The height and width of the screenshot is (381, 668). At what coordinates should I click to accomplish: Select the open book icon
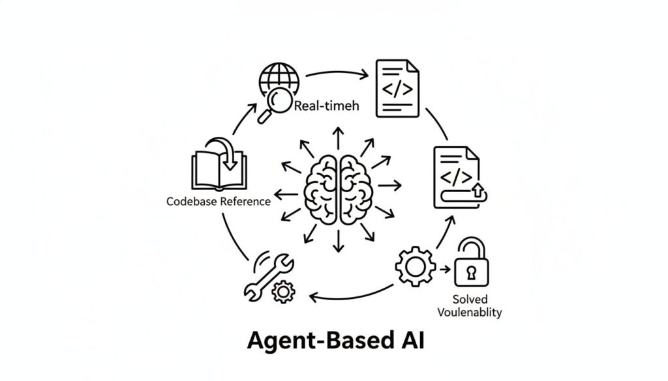pos(218,165)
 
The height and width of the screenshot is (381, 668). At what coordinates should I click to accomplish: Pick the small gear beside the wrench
pos(283,290)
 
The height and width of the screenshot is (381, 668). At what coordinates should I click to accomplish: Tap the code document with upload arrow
pos(456,175)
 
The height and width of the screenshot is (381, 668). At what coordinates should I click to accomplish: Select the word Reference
pos(246,201)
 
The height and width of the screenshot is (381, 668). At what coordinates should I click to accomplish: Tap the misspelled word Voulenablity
pos(469,312)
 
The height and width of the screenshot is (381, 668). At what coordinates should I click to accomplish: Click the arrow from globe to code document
pos(335,73)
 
